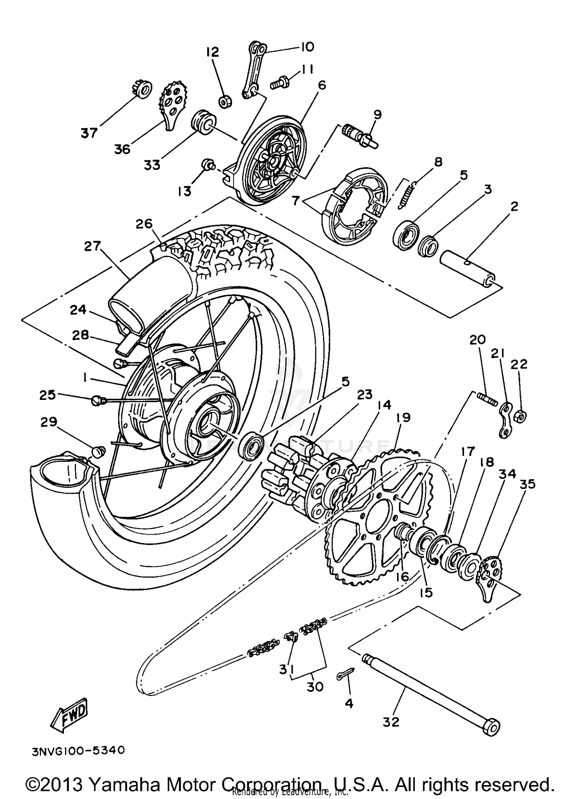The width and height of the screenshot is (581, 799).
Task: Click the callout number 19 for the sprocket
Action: tap(403, 418)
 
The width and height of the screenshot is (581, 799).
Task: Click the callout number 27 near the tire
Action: tap(93, 246)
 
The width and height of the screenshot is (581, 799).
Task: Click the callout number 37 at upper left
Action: tap(89, 133)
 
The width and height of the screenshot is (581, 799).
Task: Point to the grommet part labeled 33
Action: tap(203, 122)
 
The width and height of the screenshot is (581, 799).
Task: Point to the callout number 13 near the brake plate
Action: tap(185, 191)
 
